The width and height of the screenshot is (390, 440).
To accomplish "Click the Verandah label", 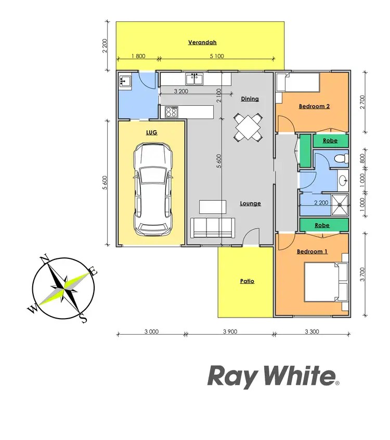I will click(x=202, y=43).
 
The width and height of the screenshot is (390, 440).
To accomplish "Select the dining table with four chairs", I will click(x=249, y=126).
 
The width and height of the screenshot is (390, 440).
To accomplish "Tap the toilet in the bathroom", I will click(x=340, y=159).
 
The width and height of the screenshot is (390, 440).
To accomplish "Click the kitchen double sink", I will click(x=195, y=79).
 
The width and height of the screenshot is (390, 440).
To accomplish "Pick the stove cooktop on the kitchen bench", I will click(x=172, y=112).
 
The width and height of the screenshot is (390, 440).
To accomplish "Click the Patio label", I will click(x=247, y=281).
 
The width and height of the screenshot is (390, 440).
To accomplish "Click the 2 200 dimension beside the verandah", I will click(x=105, y=46).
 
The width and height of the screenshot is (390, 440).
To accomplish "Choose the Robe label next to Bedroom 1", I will click(x=322, y=225).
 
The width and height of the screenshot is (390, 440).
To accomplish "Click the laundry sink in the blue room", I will click(x=125, y=81).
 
